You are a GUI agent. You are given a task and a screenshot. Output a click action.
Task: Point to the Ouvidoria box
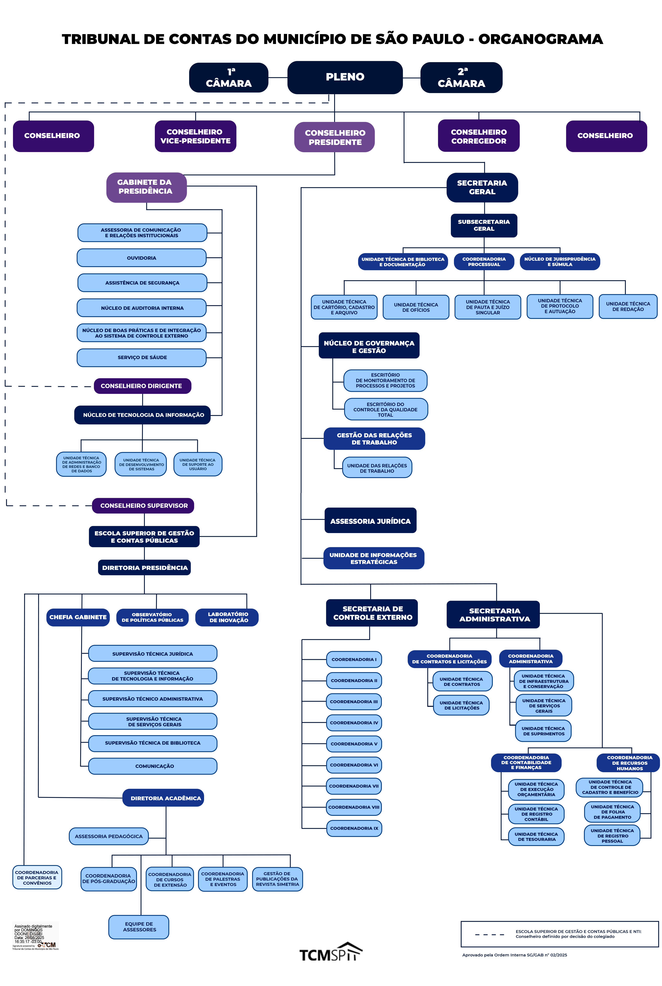point(141,258)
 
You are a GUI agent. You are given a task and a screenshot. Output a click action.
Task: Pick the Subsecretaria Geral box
point(484,225)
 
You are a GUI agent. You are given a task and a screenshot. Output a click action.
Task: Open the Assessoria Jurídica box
point(370,521)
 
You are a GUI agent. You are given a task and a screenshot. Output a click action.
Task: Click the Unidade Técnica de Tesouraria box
point(536,837)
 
